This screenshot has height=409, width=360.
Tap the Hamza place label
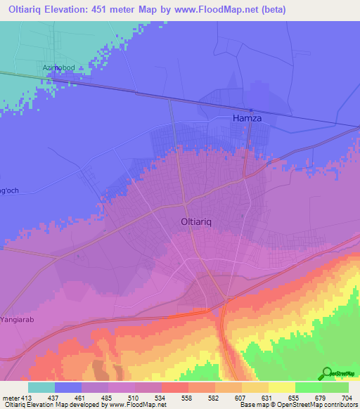click(247, 119)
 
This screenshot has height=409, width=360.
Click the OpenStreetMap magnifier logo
click(327, 374)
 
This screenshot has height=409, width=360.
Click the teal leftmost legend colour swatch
click(41, 387)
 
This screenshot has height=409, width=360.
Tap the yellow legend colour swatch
click(281, 387)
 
